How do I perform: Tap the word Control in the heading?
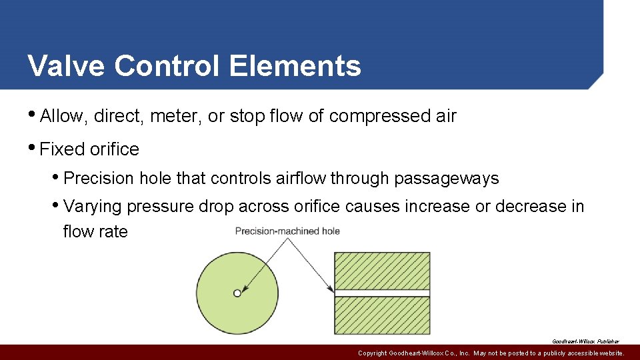168,66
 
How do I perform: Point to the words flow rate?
95,231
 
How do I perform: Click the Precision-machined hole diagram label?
287,231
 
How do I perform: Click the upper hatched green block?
382,270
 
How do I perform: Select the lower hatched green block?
382,315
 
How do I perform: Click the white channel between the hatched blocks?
382,293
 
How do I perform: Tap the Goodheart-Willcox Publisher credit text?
585,341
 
